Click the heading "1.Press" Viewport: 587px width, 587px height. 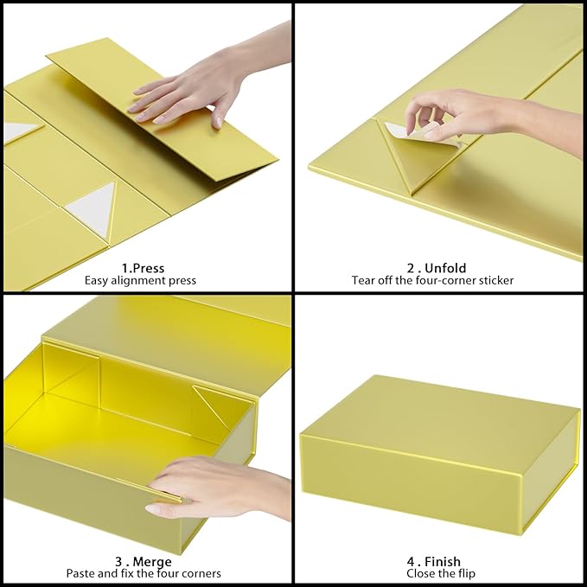(x=144, y=268)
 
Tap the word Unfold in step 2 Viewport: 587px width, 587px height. (x=446, y=268)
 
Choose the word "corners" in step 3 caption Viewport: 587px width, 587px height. (x=200, y=573)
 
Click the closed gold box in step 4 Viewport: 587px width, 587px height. (x=438, y=450)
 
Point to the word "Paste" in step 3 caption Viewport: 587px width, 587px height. (x=81, y=573)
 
